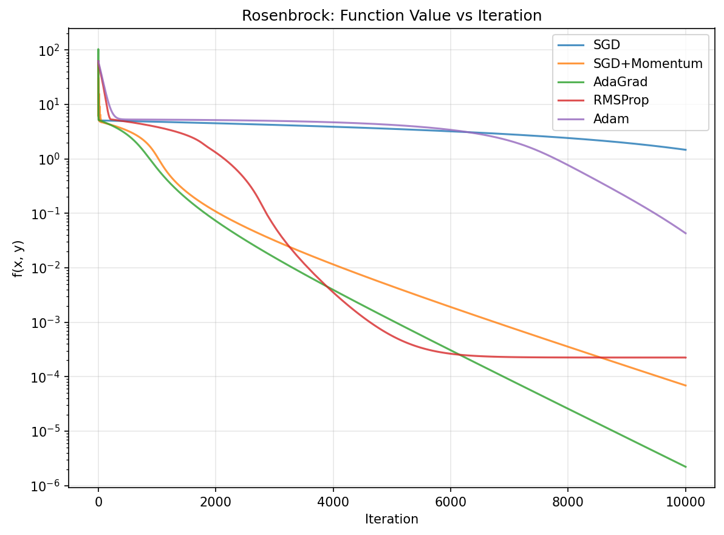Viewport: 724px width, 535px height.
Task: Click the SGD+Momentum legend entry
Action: (647, 64)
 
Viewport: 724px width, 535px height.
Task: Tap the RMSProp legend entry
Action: (621, 100)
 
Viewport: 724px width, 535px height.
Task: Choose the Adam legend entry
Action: (611, 118)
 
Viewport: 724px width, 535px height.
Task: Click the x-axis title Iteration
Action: (391, 519)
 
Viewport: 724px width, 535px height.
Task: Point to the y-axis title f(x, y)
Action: (18, 258)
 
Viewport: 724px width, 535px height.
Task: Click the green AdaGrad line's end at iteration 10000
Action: (685, 466)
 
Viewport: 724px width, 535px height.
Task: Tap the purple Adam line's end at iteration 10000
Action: (685, 233)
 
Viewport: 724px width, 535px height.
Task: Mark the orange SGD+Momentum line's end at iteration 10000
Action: (685, 386)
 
